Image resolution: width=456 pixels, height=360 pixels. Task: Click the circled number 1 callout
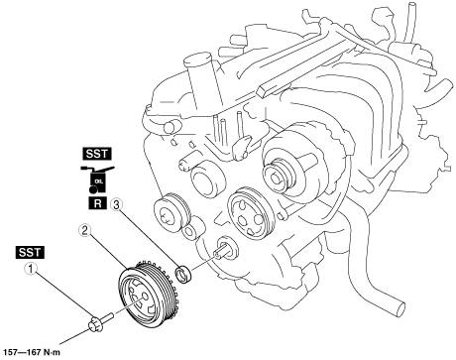point(32,269)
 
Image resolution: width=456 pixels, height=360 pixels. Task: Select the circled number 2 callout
point(84,230)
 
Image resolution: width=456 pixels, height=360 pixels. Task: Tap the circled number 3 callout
point(116,204)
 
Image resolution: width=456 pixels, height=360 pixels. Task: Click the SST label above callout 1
point(30,252)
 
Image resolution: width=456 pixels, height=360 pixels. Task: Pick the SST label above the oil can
point(97,154)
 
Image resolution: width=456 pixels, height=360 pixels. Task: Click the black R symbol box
point(98,203)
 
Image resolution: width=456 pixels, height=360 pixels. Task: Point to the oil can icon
point(97,179)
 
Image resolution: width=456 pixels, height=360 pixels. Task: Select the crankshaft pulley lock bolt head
point(95,323)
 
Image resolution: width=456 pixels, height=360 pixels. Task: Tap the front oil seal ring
point(182,274)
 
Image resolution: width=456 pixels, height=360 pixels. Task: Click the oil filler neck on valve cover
point(202,80)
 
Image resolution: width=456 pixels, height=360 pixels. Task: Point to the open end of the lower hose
point(399,309)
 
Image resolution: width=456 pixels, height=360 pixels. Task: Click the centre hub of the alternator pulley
point(275,178)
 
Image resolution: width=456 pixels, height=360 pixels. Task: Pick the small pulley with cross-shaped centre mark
point(171,212)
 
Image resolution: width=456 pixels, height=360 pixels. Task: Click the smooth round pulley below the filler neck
point(207,180)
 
